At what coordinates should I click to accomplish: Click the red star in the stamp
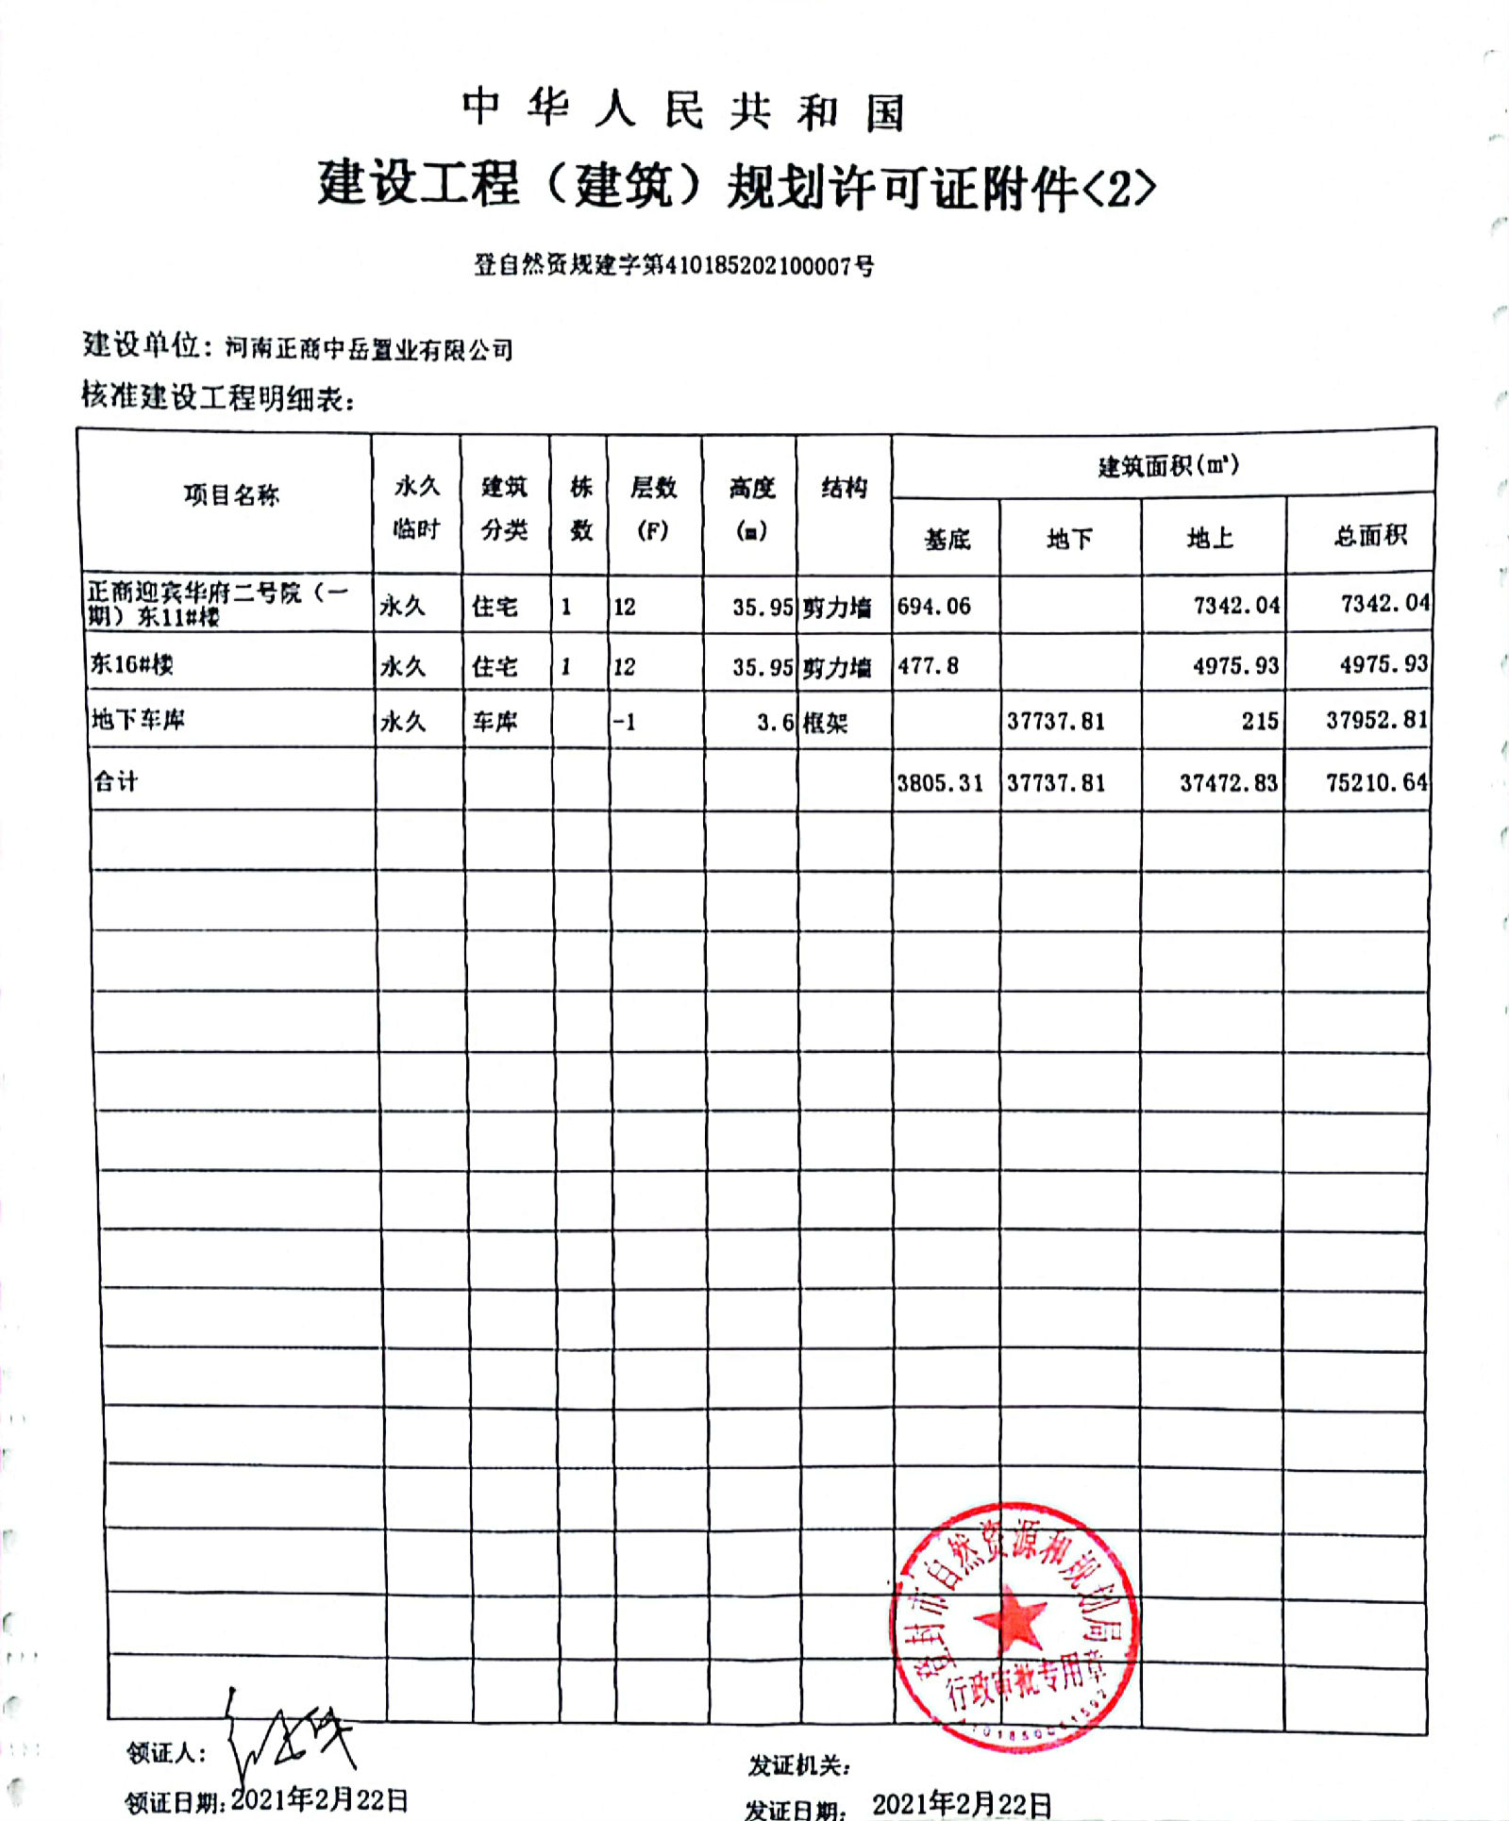(x=1011, y=1619)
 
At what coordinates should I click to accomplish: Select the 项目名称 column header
(x=231, y=494)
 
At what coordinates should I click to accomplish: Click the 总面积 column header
(x=1369, y=536)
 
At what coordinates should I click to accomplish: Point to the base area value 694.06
(x=933, y=606)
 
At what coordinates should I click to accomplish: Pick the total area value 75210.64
(x=1376, y=782)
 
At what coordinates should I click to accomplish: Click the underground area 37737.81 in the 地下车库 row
(x=1055, y=721)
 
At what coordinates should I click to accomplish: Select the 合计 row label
(x=115, y=780)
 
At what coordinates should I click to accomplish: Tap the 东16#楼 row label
(x=131, y=664)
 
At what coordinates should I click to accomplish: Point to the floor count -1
(x=624, y=723)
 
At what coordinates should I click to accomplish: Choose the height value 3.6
(x=775, y=723)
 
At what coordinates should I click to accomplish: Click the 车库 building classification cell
(x=495, y=723)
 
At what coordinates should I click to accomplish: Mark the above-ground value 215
(x=1259, y=721)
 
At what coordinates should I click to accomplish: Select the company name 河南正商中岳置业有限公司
(x=369, y=350)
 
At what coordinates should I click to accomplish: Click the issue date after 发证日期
(x=962, y=1804)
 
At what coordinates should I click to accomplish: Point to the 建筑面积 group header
(x=1167, y=465)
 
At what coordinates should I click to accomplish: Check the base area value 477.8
(x=928, y=666)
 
